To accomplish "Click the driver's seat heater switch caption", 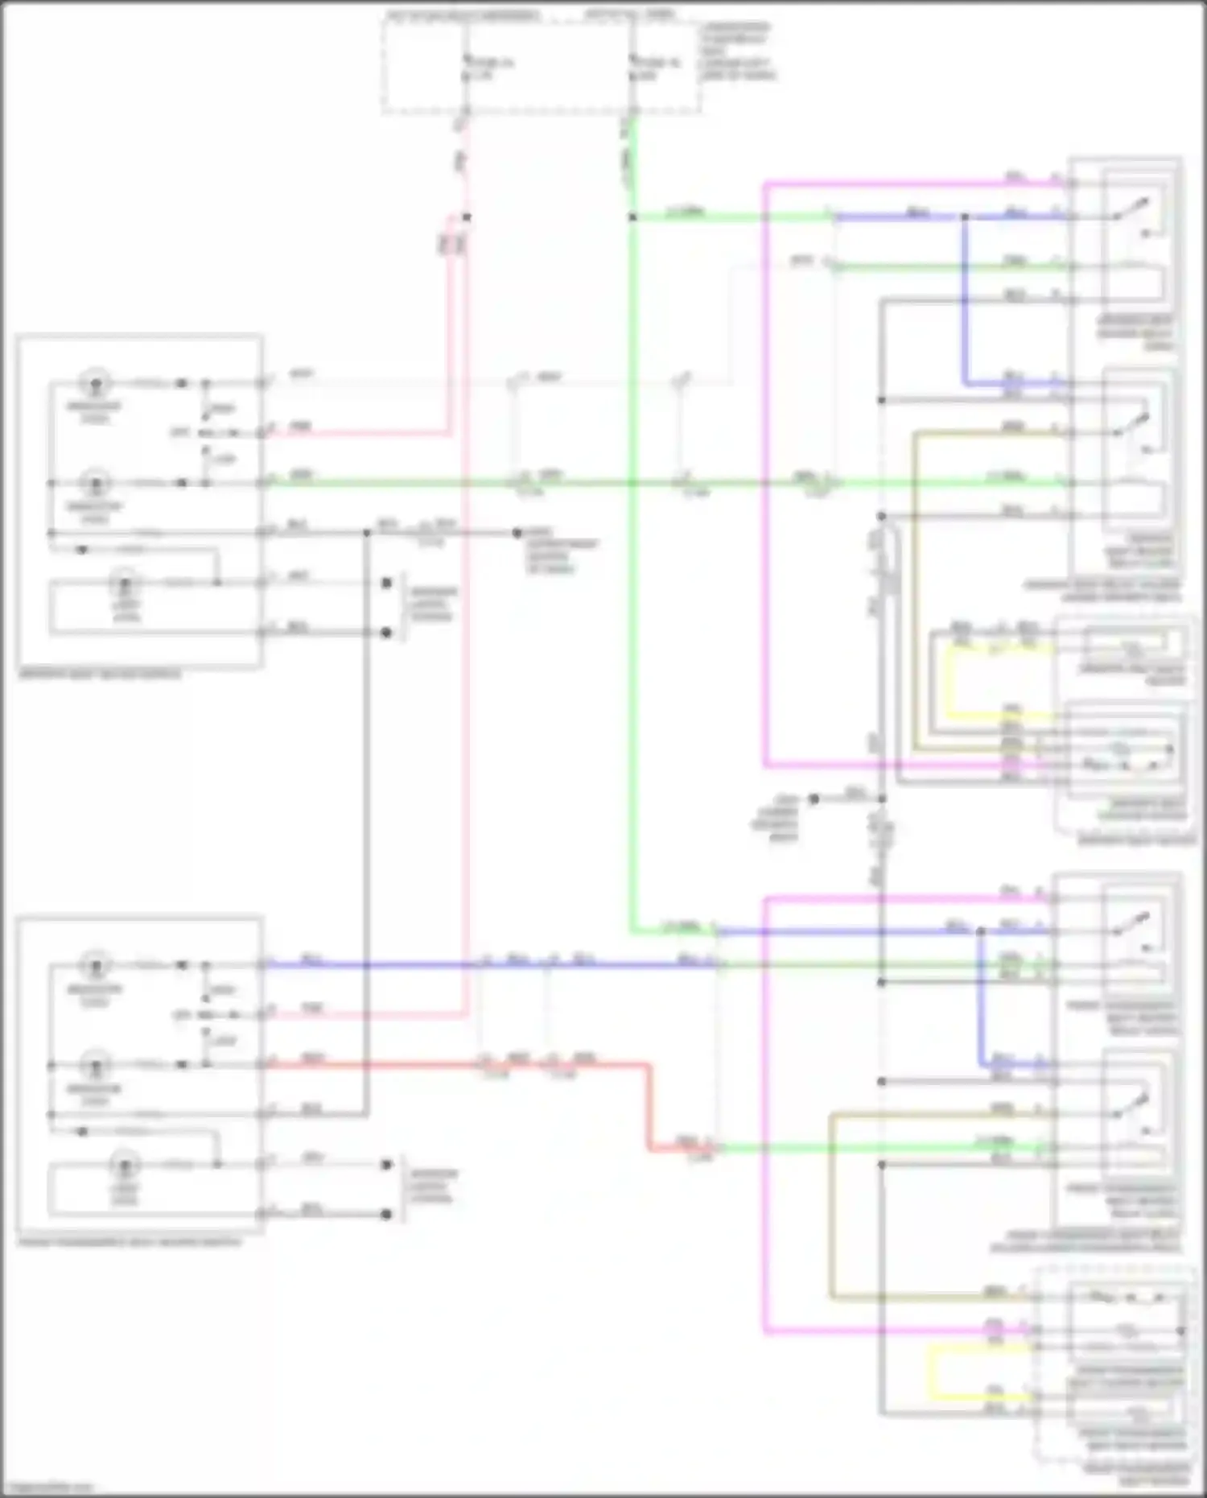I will coord(100,675).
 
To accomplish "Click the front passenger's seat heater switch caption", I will coord(129,1242).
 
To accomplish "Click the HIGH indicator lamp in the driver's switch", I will coord(96,382).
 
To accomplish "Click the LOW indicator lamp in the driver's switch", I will coord(96,483).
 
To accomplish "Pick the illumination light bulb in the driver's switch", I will coord(125,581).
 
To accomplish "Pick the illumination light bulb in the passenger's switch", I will coord(125,1164).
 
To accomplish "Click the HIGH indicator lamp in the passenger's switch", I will coord(96,964).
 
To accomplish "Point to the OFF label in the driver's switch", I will coord(179,433).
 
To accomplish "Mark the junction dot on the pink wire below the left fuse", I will coord(466,217).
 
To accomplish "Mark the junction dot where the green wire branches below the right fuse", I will coord(632,217).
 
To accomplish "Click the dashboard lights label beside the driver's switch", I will coord(431,604).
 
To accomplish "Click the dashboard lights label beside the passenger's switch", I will coord(431,1186).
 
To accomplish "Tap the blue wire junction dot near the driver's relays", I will coord(964,217).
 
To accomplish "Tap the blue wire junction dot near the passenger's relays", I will coord(981,931).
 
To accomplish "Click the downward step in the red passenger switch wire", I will coord(649,1107).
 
